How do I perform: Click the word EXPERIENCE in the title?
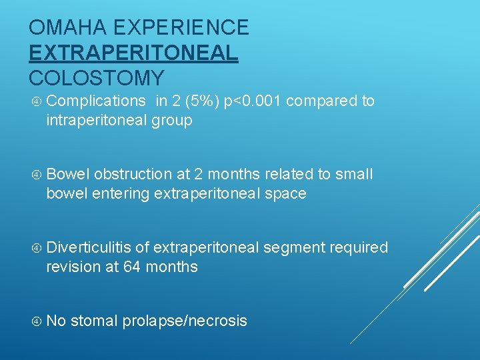[181, 28]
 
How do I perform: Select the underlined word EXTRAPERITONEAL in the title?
[133, 53]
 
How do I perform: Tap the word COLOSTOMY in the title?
[97, 78]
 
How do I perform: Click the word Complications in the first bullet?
[96, 101]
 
